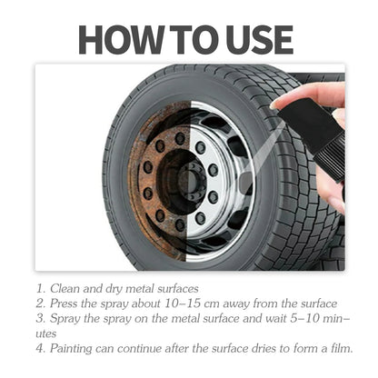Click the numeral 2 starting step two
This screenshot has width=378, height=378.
(x=41, y=303)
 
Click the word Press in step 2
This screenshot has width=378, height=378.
(x=69, y=303)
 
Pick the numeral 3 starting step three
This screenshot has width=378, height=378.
(x=41, y=318)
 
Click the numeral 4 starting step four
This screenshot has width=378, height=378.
(x=41, y=347)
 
